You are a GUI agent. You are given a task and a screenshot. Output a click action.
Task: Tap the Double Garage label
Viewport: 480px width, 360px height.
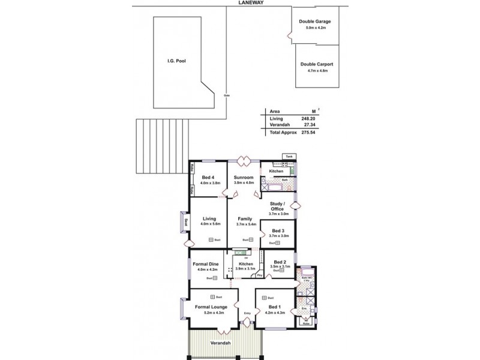click(x=315, y=22)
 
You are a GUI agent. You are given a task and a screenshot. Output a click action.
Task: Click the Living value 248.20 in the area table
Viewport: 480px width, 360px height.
click(x=308, y=119)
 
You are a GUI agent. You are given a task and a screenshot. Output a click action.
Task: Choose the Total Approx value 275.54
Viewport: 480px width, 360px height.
click(x=308, y=131)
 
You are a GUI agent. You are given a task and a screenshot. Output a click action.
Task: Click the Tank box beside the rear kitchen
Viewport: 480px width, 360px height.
click(x=289, y=157)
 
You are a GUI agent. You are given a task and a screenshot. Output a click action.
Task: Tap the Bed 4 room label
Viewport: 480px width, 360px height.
click(x=208, y=178)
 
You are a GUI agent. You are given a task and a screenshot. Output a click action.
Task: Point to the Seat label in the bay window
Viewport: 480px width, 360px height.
click(x=187, y=223)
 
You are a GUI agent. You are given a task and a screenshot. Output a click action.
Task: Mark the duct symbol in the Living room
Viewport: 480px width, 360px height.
click(x=211, y=240)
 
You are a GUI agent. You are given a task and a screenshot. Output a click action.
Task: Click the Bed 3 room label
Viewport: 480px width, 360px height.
click(x=278, y=230)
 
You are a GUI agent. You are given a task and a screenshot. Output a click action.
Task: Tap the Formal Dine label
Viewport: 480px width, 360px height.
click(x=205, y=264)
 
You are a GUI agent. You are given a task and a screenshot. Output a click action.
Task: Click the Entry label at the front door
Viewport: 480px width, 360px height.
click(x=247, y=313)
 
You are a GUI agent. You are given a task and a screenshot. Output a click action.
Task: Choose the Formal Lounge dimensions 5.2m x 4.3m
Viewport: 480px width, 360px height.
click(x=210, y=313)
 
